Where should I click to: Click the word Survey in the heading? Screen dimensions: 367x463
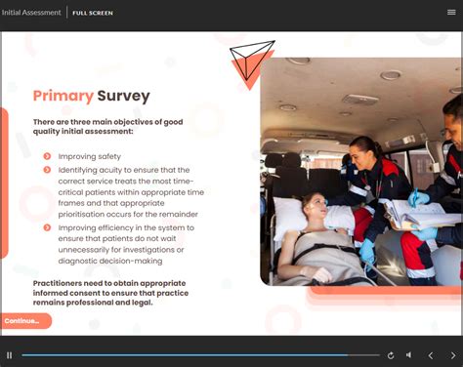click(123, 96)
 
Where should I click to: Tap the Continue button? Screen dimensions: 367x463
click(23, 321)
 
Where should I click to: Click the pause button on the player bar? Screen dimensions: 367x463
click(10, 355)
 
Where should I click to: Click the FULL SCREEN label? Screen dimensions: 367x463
click(93, 13)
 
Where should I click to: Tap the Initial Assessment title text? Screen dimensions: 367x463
click(30, 13)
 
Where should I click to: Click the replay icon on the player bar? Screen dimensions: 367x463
click(391, 355)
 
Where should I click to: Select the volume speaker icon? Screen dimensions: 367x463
click(408, 355)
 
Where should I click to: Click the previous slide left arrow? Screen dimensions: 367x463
click(431, 355)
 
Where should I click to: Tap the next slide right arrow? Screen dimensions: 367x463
click(452, 355)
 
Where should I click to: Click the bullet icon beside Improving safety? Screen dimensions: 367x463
click(48, 156)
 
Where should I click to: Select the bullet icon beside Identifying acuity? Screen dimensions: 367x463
click(48, 170)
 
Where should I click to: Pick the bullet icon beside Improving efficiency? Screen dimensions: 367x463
click(48, 227)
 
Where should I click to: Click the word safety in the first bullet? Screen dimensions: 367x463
click(109, 156)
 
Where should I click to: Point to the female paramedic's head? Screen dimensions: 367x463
click(359, 151)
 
